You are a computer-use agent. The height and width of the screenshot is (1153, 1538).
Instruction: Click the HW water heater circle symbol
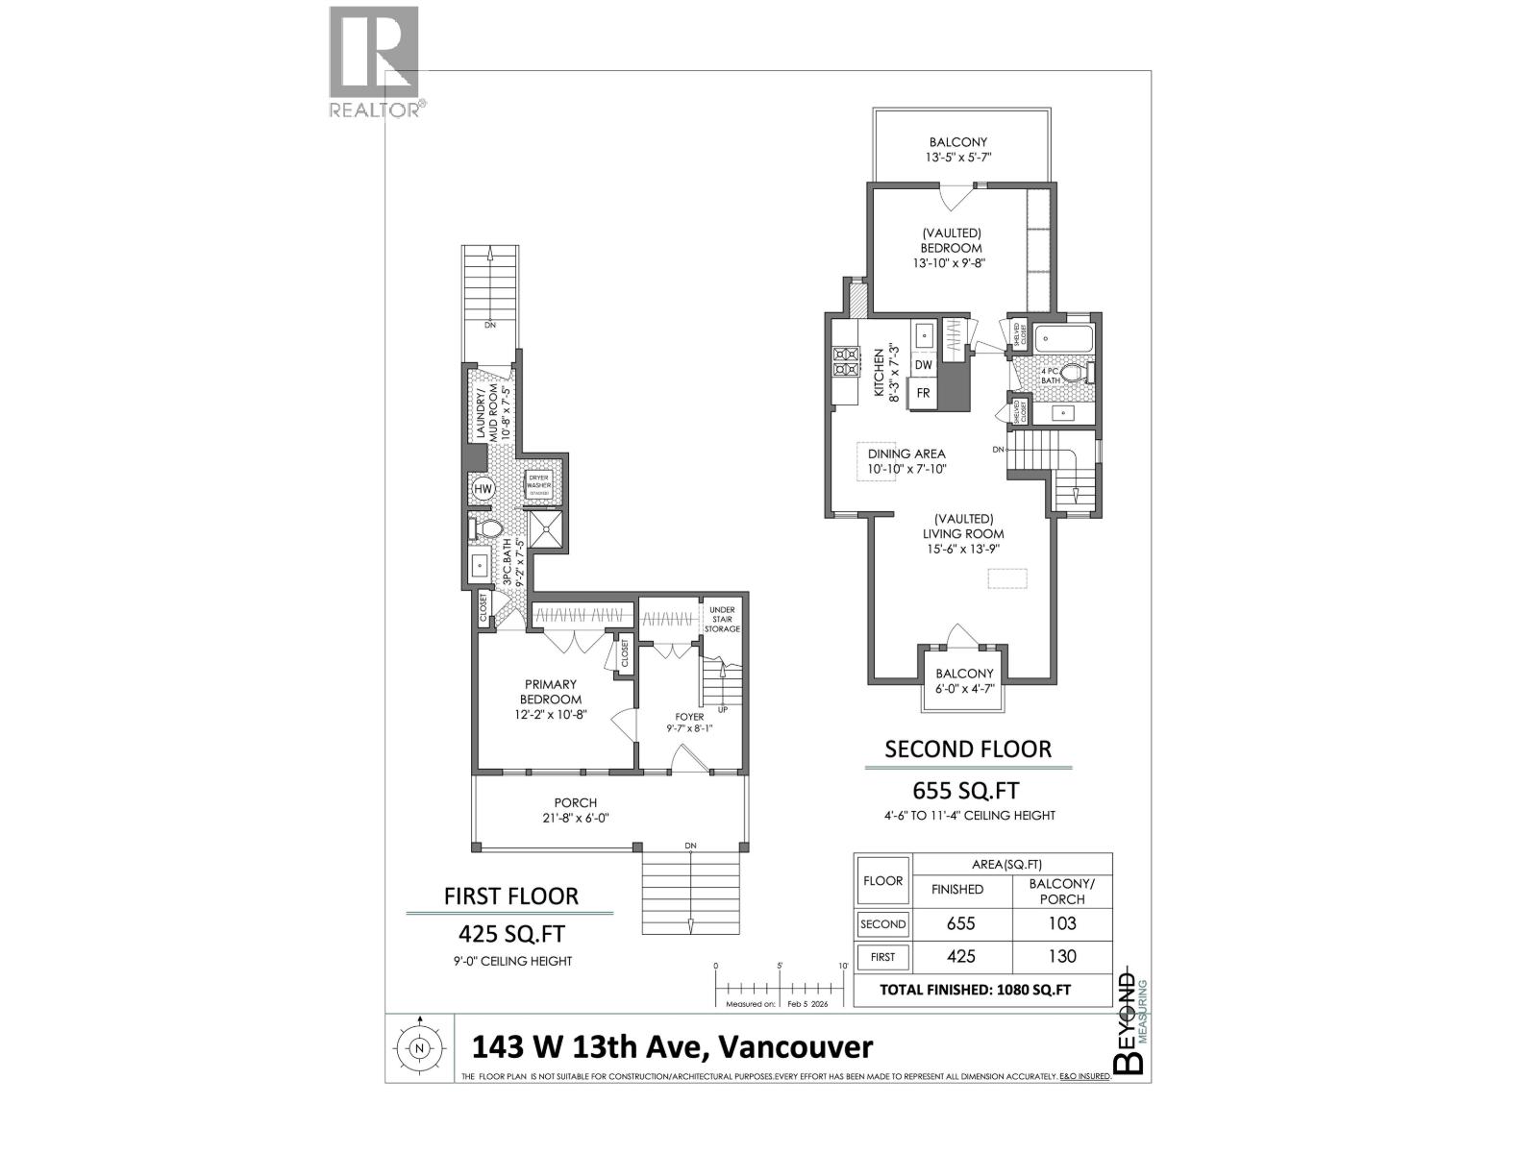click(x=483, y=489)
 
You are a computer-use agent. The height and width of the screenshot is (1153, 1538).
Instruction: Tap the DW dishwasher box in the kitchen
click(x=923, y=365)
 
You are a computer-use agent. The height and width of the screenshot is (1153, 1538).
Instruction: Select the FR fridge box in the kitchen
click(x=923, y=393)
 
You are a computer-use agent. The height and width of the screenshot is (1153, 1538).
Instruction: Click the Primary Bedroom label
click(x=551, y=692)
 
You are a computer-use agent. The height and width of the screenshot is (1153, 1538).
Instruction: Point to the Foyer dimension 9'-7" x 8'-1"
click(x=689, y=728)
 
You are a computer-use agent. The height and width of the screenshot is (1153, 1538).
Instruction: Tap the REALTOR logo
click(x=375, y=62)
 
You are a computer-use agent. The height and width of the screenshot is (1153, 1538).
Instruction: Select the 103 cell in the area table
click(x=1062, y=923)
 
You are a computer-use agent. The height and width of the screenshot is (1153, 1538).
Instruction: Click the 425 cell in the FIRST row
click(x=961, y=956)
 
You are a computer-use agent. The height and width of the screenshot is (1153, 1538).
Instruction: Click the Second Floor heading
click(x=968, y=748)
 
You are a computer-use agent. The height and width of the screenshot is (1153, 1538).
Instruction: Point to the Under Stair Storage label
click(x=722, y=620)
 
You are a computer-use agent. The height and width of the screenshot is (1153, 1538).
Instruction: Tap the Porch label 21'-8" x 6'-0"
click(x=575, y=810)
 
